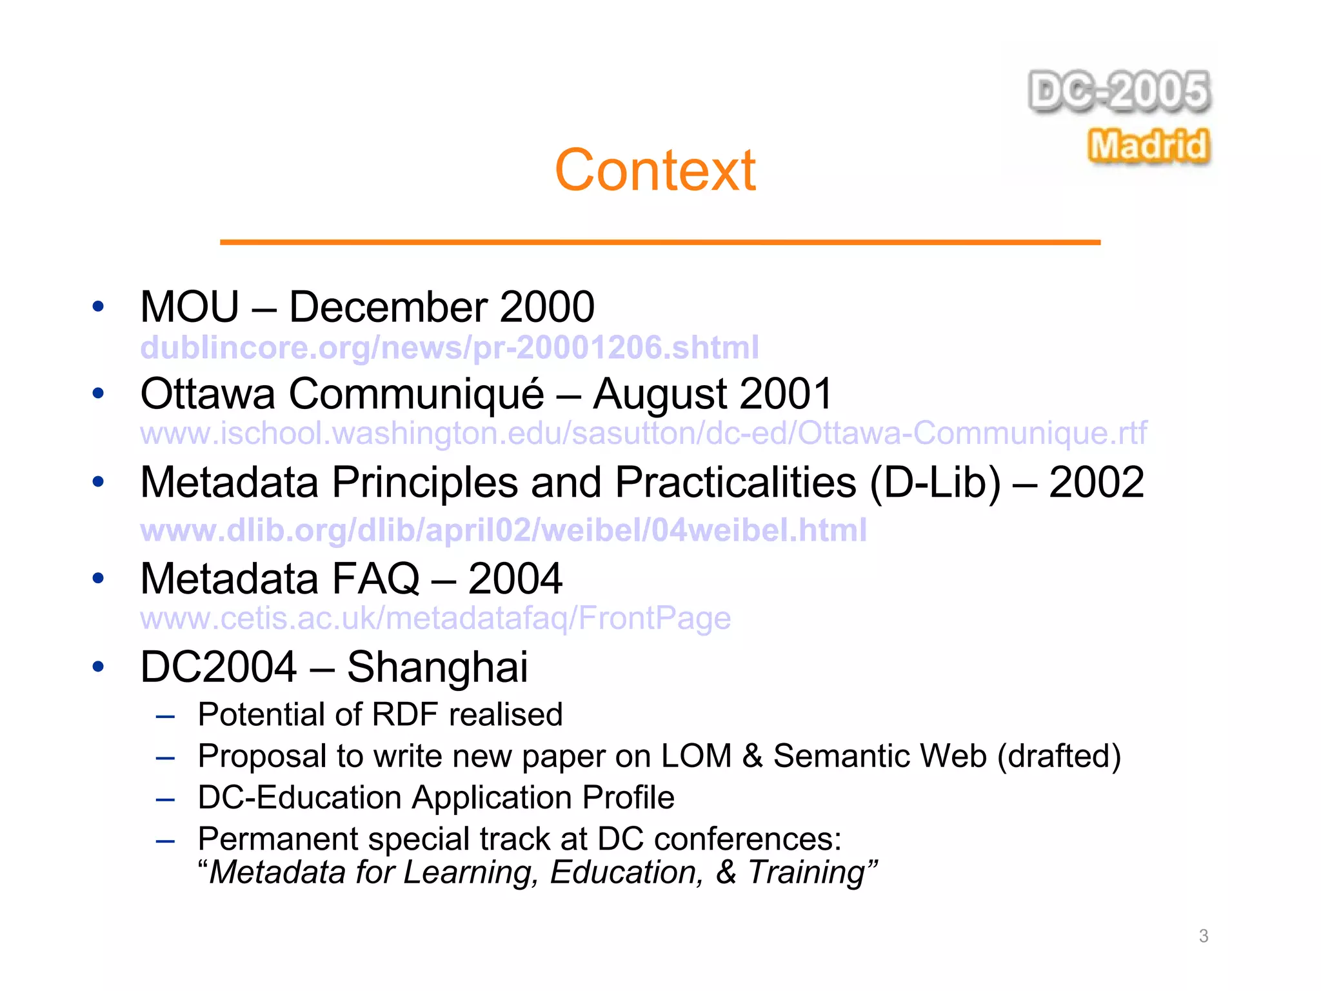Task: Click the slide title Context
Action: tap(655, 170)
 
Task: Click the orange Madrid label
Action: tap(1148, 145)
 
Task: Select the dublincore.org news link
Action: tap(450, 348)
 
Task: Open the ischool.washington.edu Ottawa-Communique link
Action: tap(643, 433)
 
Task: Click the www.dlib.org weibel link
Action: tap(503, 530)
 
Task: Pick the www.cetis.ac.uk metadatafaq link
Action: tap(435, 618)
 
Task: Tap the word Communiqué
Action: tap(416, 394)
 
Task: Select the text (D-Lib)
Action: tap(935, 483)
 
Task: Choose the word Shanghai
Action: tap(437, 667)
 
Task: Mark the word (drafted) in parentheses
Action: tap(1058, 756)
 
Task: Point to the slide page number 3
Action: tap(1203, 936)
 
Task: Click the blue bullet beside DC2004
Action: tap(98, 666)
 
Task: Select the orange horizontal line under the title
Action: tap(660, 242)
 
